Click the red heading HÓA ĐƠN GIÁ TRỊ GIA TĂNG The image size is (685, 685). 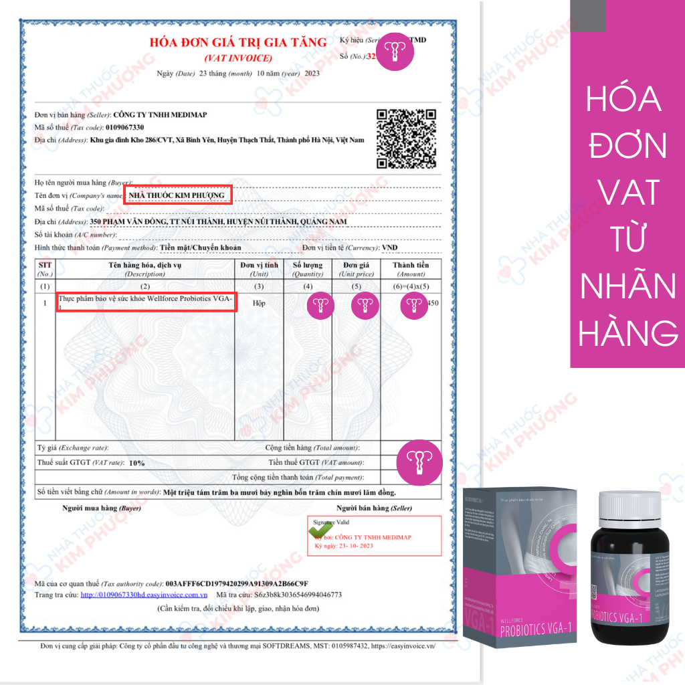(237, 43)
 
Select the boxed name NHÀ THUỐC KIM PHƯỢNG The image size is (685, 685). (177, 195)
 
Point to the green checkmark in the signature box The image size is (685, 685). (318, 529)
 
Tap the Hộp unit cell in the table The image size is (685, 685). (259, 302)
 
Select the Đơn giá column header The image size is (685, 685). (357, 269)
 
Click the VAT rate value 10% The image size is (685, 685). (136, 462)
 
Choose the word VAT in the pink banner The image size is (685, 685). (627, 192)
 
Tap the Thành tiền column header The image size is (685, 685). (411, 269)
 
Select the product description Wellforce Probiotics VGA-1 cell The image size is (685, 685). (146, 302)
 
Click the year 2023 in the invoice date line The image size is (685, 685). (312, 73)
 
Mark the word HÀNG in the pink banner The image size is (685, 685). (627, 332)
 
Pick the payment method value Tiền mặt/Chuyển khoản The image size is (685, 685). (201, 248)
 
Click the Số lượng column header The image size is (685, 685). (308, 269)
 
